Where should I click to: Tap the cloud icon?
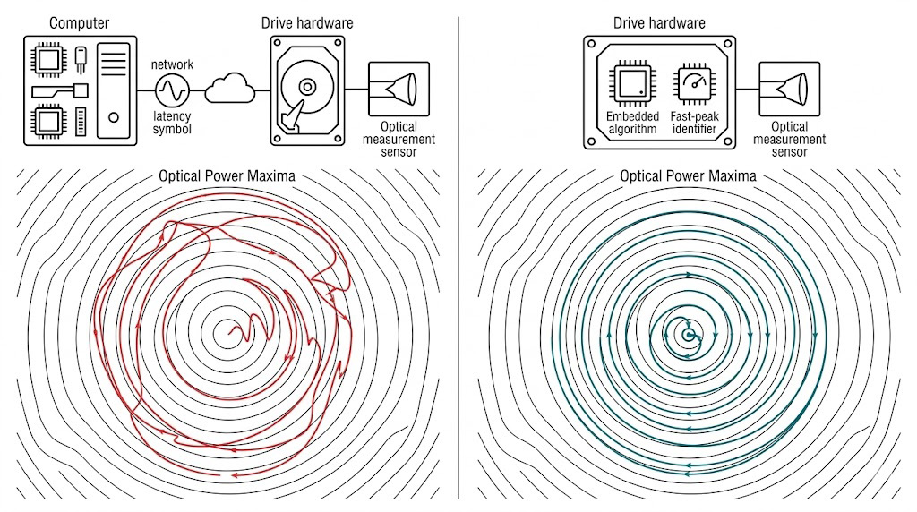[230, 89]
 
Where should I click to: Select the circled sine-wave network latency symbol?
[171, 90]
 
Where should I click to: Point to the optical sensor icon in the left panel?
[399, 89]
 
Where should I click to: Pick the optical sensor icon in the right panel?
[789, 89]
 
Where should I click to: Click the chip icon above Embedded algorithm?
[632, 84]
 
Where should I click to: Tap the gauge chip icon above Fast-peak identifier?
[694, 84]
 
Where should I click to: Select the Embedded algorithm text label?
[632, 123]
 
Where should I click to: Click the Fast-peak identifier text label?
[694, 123]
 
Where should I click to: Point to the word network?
[172, 64]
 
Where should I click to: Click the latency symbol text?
[172, 123]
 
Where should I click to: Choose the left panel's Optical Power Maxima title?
[227, 175]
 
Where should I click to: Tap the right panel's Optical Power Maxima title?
[688, 175]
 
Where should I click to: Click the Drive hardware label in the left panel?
[305, 22]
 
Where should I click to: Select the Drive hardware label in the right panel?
[659, 22]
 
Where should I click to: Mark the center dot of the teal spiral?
[688, 335]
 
